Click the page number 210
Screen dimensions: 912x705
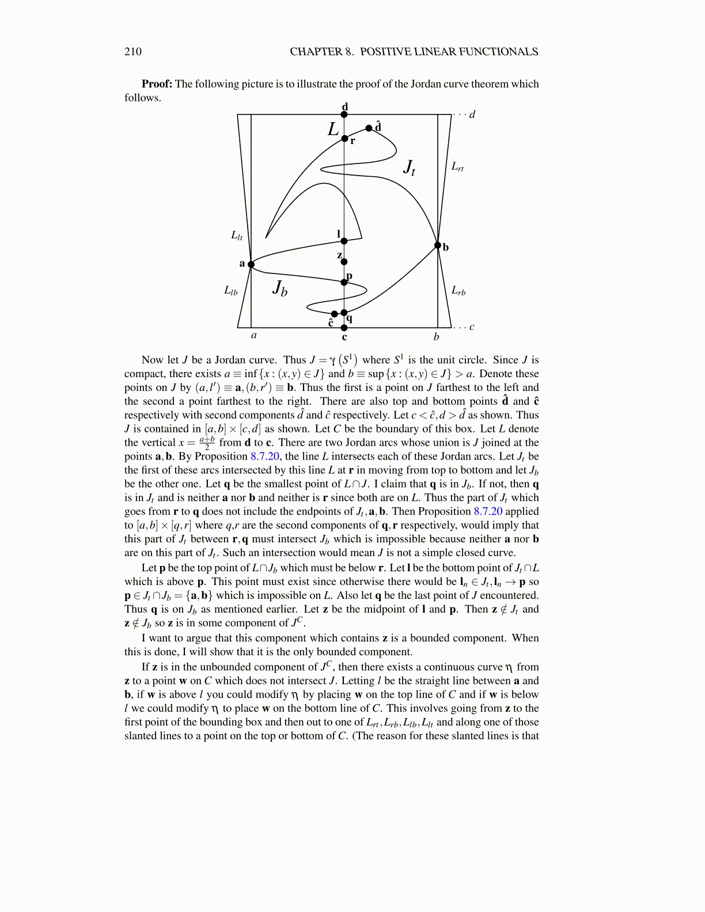pos(132,52)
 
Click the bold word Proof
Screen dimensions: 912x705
pos(157,84)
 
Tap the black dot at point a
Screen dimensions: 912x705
pos(251,264)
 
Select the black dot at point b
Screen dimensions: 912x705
pos(438,245)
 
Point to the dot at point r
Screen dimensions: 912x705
pos(344,138)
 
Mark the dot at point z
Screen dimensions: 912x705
pos(344,262)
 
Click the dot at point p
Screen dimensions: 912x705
pos(344,282)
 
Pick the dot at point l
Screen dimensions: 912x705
pos(344,241)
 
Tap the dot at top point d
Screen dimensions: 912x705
pos(344,115)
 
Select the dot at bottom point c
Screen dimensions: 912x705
pos(344,328)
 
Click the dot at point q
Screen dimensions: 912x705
pos(344,313)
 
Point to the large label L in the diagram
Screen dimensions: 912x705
pos(333,129)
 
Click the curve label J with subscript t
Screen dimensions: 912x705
pos(409,168)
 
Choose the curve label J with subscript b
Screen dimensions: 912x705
pos(280,287)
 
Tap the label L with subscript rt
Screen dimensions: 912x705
pos(457,167)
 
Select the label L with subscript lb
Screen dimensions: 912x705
pos(230,291)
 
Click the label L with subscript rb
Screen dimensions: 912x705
pos(458,291)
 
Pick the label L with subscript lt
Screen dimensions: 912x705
pos(237,235)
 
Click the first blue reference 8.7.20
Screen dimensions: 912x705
pos(264,457)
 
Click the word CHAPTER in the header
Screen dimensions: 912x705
pos(316,52)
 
